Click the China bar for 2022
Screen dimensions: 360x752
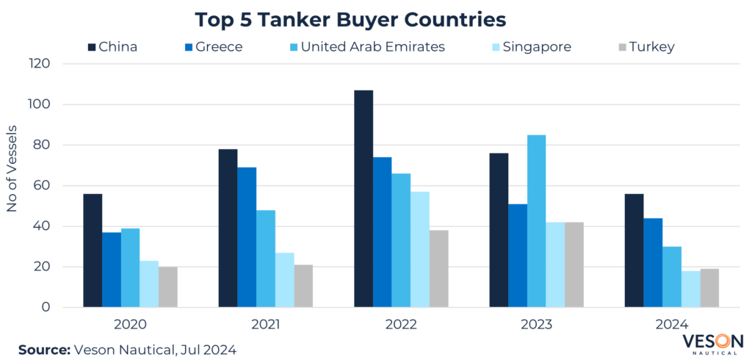364,198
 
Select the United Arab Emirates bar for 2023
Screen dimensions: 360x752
536,220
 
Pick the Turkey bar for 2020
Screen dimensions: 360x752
168,287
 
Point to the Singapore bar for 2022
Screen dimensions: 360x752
420,249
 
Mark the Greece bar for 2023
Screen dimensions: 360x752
517,255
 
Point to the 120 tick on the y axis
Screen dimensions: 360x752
40,64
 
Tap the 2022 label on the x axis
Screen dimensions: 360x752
401,324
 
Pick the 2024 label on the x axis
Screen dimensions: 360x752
672,324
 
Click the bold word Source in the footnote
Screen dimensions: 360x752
43,349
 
